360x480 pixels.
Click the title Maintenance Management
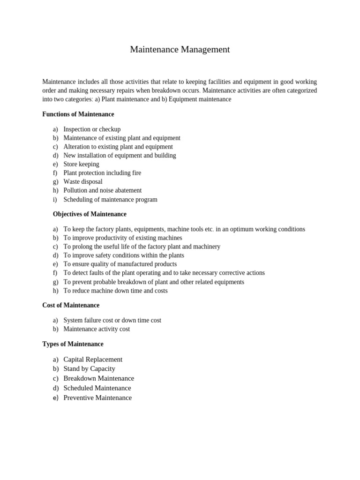coord(180,50)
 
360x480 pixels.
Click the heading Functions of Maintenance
coord(78,114)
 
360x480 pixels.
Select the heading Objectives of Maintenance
coord(90,214)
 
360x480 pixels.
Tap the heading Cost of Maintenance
coord(71,305)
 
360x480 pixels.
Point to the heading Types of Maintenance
coord(73,344)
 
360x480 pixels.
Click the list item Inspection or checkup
coord(92,129)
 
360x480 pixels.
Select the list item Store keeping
coord(81,164)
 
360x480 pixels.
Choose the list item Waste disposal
coord(82,182)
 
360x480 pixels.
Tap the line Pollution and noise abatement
coord(102,190)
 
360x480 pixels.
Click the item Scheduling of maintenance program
coord(110,199)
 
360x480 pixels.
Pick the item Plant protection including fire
coord(102,173)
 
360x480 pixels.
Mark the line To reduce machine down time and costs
coord(115,291)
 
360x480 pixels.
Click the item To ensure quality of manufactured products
coord(120,264)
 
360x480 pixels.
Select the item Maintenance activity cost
coord(97,329)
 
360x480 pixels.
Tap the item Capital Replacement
coord(93,360)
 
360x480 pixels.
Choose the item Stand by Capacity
coord(89,369)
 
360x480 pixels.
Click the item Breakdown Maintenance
coord(98,378)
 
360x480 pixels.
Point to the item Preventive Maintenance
coord(97,398)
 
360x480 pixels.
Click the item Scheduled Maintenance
coord(97,388)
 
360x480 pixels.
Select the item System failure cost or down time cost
coord(112,320)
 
